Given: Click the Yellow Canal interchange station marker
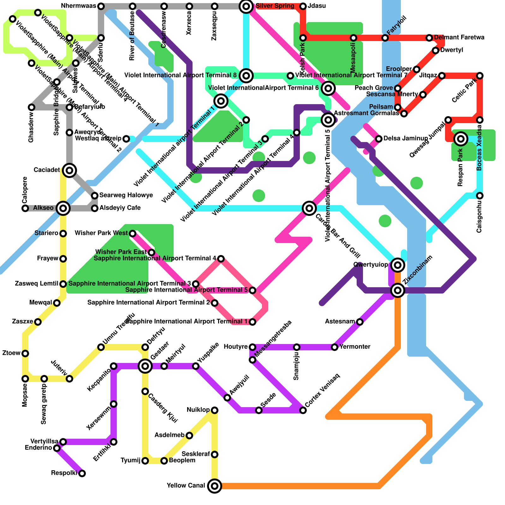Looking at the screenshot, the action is pyautogui.click(x=215, y=486).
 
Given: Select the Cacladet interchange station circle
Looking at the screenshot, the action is pyautogui.click(x=69, y=170).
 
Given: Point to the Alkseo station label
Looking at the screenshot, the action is pyautogui.click(x=44, y=208).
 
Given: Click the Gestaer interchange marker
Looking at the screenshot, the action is pyautogui.click(x=145, y=366).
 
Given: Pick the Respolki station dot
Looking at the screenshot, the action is pyautogui.click(x=82, y=473).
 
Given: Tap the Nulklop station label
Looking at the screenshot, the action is pyautogui.click(x=198, y=410).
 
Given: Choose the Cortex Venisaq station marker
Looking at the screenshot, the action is pyautogui.click(x=303, y=410).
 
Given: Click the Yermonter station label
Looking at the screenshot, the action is pyautogui.click(x=355, y=347).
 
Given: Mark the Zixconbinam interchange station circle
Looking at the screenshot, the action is pyautogui.click(x=398, y=290).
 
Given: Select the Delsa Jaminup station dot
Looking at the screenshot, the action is pyautogui.click(x=379, y=139).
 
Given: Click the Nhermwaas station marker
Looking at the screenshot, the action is pyautogui.click(x=101, y=6).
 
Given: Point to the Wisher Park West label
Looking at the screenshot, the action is pyautogui.click(x=101, y=233).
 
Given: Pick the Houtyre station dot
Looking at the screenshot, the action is pyautogui.click(x=252, y=347).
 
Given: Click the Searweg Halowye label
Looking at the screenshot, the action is pyautogui.click(x=126, y=195).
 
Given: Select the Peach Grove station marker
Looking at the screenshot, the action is pyautogui.click(x=398, y=88).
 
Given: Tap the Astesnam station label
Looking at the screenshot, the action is pyautogui.click(x=340, y=322).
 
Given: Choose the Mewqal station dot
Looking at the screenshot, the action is pyautogui.click(x=57, y=303).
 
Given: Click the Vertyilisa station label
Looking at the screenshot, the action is pyautogui.click(x=44, y=441).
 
